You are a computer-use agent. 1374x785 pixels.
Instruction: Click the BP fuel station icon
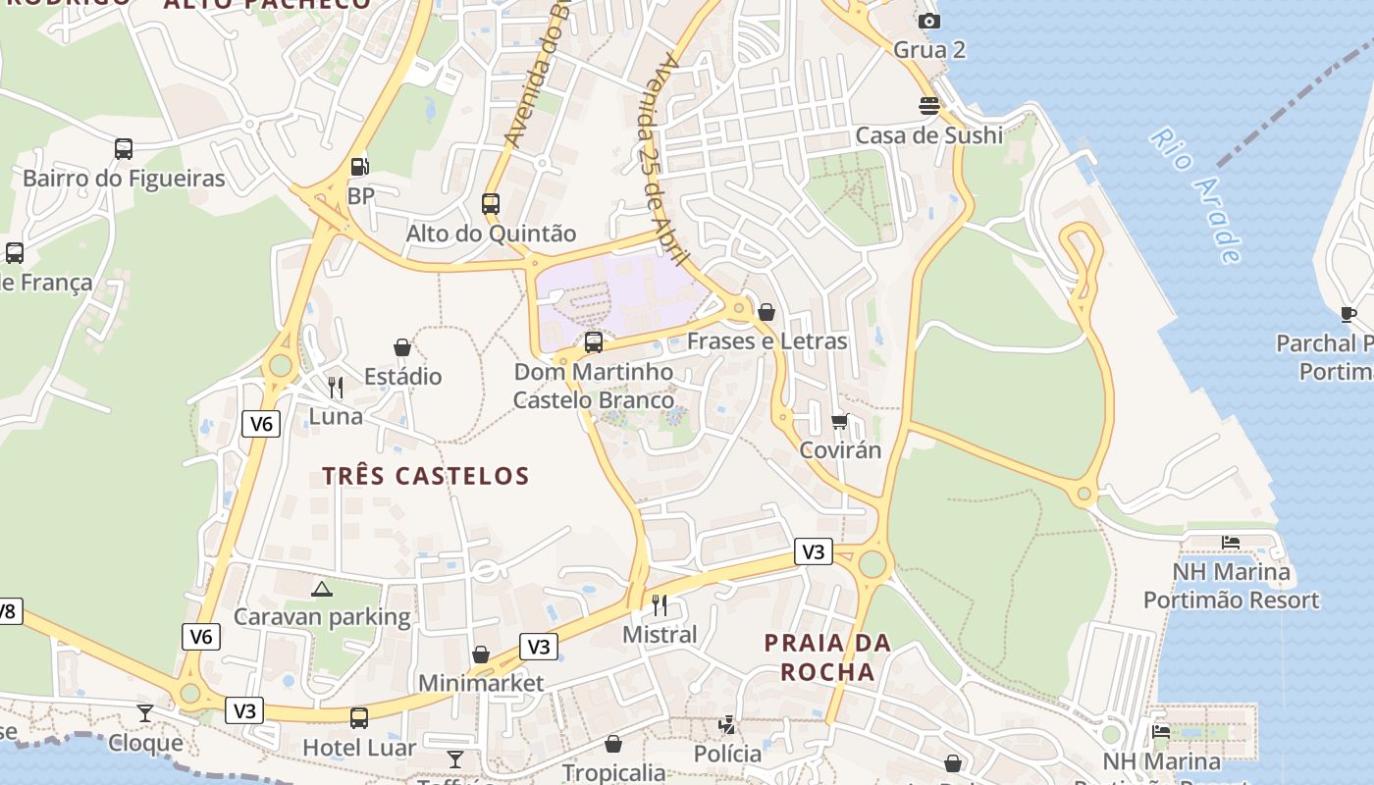360,167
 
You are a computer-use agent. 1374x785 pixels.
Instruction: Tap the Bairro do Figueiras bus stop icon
124,149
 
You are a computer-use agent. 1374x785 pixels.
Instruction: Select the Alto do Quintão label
491,234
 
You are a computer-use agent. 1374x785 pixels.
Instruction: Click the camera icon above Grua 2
928,21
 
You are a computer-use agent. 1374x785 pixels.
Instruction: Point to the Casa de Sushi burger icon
928,105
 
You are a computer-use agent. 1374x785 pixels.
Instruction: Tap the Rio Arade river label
1196,195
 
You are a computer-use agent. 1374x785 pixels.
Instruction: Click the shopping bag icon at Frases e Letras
766,312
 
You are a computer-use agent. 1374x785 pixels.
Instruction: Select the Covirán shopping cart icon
839,421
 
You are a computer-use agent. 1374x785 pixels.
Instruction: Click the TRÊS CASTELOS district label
426,477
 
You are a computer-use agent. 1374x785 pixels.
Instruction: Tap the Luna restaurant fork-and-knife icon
336,387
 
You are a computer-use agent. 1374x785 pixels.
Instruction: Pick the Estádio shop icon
402,347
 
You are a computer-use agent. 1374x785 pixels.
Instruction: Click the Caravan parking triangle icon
321,589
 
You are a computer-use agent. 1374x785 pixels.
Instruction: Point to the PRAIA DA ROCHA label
827,657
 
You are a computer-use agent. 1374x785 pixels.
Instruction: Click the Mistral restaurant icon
660,604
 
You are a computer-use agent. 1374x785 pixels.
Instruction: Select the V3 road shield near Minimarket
538,647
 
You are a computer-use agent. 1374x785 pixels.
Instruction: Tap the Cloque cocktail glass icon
145,712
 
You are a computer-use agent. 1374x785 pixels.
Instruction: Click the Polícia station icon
727,725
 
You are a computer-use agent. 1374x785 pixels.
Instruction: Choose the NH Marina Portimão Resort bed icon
1231,542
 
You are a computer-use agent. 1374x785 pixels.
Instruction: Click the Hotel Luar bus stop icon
359,718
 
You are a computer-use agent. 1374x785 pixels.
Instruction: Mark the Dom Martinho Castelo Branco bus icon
594,342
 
